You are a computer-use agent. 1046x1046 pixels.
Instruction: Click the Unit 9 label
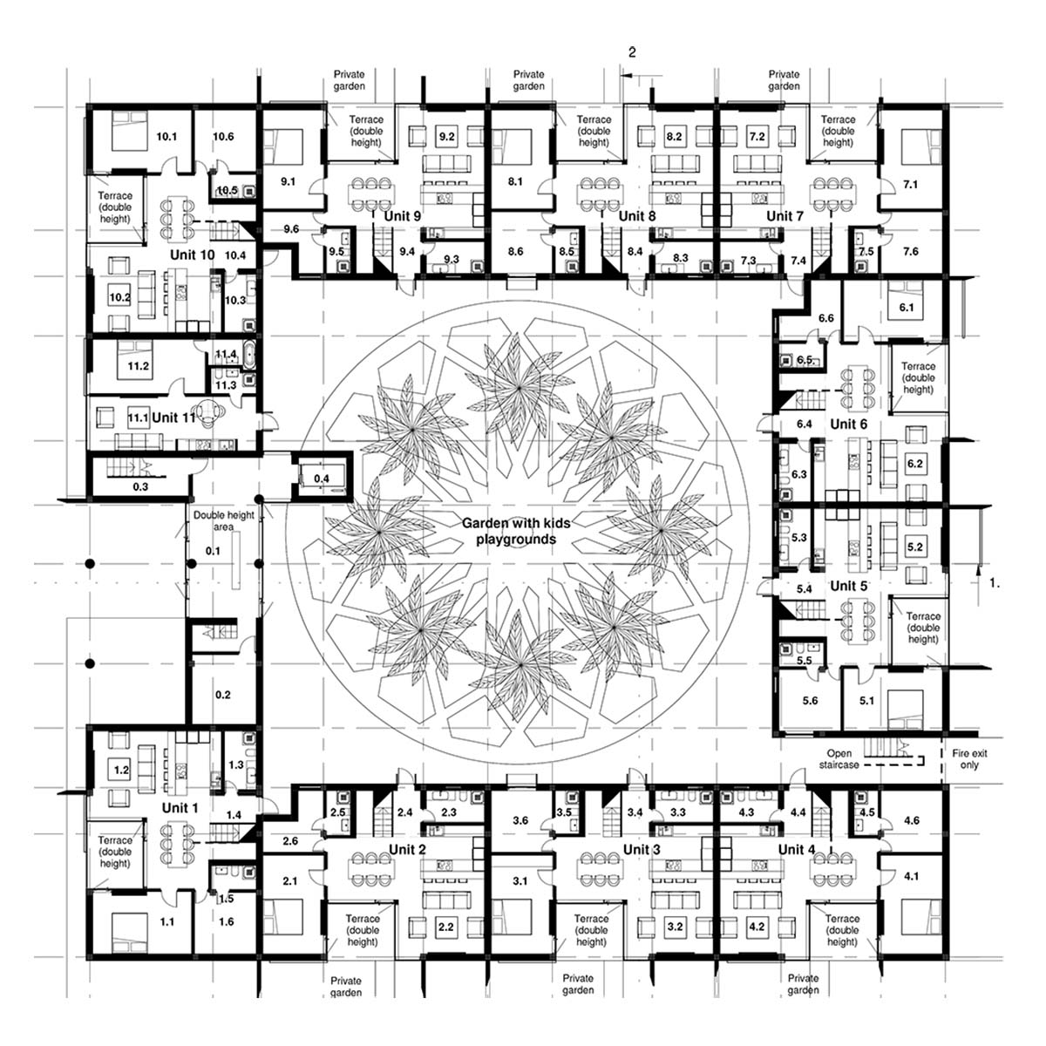[402, 216]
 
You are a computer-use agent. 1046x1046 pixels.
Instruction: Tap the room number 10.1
[166, 137]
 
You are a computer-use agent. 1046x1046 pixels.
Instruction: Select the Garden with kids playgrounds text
[516, 531]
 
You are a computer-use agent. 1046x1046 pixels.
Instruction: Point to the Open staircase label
[839, 759]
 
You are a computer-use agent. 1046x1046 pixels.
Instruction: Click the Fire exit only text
[969, 759]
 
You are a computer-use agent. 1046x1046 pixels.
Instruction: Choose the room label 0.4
[322, 479]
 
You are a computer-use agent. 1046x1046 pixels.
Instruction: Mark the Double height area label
[224, 520]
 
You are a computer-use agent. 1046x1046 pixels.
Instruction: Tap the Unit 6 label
[849, 424]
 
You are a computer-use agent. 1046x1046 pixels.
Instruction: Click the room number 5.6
[810, 701]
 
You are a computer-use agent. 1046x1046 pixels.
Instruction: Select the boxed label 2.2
[446, 927]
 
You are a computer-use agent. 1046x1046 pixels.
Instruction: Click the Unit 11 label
[173, 418]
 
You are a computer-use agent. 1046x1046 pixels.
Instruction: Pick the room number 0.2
[222, 695]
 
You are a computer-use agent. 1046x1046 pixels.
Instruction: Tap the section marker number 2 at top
[632, 52]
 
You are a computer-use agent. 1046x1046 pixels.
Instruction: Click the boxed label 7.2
[757, 136]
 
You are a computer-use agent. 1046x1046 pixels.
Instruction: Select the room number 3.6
[520, 820]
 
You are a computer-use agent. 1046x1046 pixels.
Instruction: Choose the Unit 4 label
[797, 850]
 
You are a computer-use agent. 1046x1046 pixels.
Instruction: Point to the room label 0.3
[140, 487]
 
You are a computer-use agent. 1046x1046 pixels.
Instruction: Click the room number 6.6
[826, 318]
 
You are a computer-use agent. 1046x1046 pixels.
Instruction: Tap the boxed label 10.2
[119, 297]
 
